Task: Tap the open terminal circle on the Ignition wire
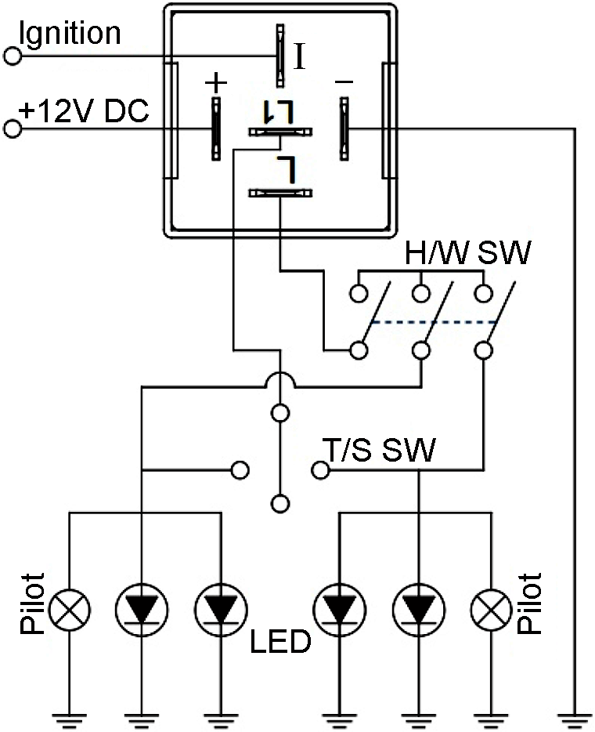(12, 56)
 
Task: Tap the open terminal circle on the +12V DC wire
(12, 129)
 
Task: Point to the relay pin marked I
(279, 55)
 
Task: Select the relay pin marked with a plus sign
(214, 129)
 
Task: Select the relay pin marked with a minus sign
(343, 129)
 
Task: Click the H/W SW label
(467, 253)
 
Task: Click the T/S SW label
(379, 449)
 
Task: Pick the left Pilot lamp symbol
(70, 608)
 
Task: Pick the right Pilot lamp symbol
(492, 608)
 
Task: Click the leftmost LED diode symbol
(142, 608)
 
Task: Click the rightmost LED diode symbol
(418, 608)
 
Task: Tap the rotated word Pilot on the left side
(33, 603)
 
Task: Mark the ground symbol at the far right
(575, 716)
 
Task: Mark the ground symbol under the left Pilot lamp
(70, 716)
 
